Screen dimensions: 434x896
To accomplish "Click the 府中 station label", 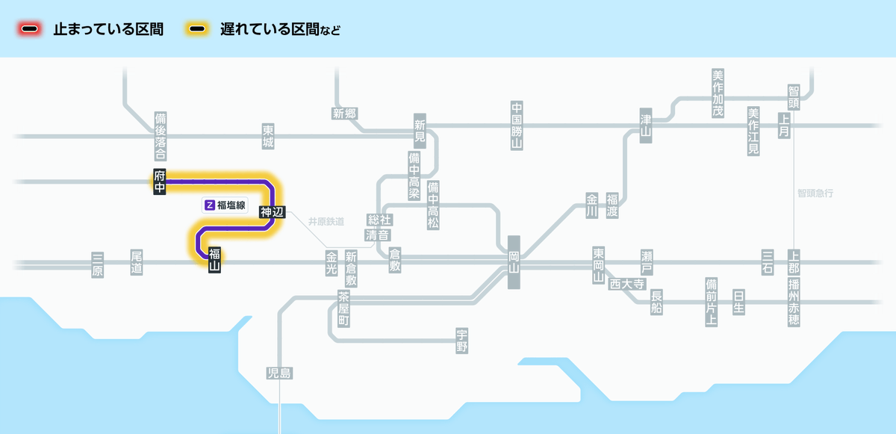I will pos(159,182).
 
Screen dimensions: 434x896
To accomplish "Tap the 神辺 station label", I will pos(272,212).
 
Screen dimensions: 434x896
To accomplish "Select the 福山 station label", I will pos(214,259).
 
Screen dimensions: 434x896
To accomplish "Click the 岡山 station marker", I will pos(514,262).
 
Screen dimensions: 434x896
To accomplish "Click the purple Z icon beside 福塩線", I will pos(210,204).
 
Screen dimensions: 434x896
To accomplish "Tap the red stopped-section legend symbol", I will pos(30,30).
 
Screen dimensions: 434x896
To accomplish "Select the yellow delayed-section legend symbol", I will pos(197,30).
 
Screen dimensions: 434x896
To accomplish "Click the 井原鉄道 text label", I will pos(326,222).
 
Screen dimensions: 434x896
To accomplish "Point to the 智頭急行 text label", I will pos(815,193).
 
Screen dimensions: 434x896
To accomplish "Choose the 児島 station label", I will pos(279,373).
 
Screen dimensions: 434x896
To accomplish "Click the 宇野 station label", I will pos(462,341).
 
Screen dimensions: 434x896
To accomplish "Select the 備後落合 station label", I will pos(160,137).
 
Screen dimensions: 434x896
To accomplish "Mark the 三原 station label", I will pos(97,264).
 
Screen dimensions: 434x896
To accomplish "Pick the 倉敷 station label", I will pos(395,260).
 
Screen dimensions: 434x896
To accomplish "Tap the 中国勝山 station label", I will pos(516,125).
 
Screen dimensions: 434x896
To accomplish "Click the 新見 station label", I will pos(420,130).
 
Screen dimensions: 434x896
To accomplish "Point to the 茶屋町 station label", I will pos(343,309).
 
